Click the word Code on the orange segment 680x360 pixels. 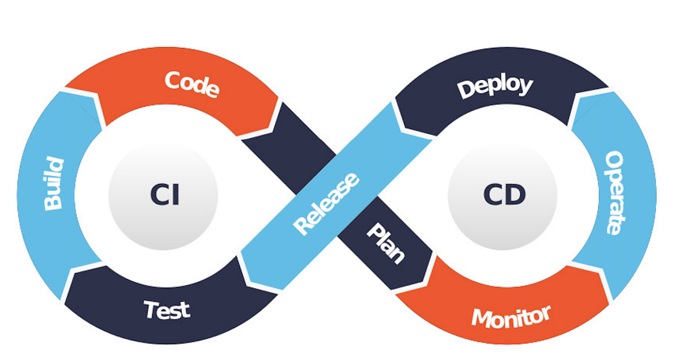pyautogui.click(x=192, y=84)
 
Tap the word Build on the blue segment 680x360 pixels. pyautogui.click(x=54, y=185)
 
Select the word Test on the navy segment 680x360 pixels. pyautogui.click(x=167, y=310)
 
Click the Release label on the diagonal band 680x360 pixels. pyautogui.click(x=326, y=204)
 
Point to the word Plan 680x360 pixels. pyautogui.click(x=386, y=243)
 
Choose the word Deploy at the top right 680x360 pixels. pyautogui.click(x=495, y=87)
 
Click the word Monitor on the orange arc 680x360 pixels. pyautogui.click(x=511, y=317)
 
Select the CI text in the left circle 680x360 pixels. pyautogui.click(x=165, y=195)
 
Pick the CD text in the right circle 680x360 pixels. pyautogui.click(x=504, y=195)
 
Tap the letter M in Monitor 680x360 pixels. pyautogui.click(x=481, y=319)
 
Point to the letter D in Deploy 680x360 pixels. pyautogui.click(x=466, y=90)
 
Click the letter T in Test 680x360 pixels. pyautogui.click(x=151, y=310)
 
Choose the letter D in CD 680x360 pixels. pyautogui.click(x=515, y=195)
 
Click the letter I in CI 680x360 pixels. pyautogui.click(x=175, y=195)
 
